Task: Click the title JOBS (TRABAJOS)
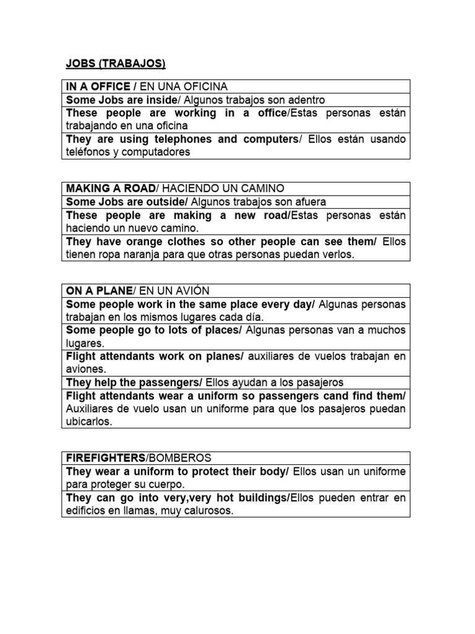[116, 63]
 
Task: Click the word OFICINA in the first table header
[205, 86]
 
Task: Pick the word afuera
[308, 202]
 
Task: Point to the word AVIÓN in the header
[192, 291]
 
